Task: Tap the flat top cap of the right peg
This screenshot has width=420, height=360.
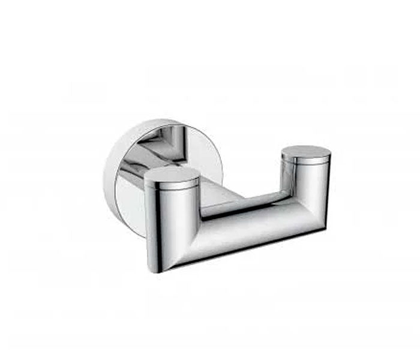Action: coord(306,152)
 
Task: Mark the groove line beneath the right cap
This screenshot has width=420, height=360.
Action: coord(305,163)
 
